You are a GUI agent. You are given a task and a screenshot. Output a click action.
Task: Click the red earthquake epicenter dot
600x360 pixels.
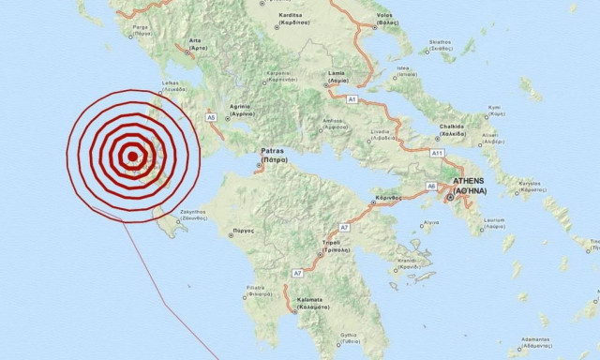(x=133, y=156)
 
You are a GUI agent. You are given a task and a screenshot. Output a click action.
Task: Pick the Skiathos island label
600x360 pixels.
(x=440, y=42)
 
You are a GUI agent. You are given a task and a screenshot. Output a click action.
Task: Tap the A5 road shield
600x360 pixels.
(x=211, y=117)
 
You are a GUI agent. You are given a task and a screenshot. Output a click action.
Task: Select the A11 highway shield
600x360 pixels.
(x=437, y=152)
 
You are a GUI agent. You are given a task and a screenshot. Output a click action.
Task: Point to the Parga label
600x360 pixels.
(x=141, y=28)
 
